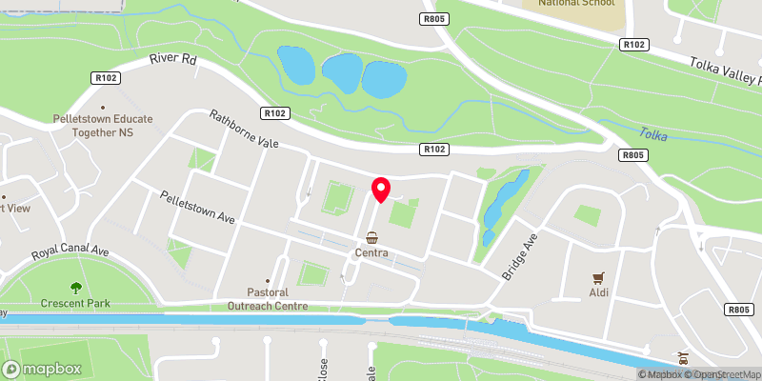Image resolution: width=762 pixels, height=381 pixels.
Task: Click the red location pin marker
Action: click(x=381, y=190)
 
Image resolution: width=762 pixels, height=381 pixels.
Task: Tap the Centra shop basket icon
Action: click(x=371, y=237)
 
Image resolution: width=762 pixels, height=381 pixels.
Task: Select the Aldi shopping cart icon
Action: click(x=599, y=278)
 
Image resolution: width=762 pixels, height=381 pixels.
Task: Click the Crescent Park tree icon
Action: click(x=75, y=287)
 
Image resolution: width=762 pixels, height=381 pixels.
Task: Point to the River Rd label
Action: click(x=172, y=59)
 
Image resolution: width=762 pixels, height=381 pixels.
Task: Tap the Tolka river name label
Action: click(x=653, y=134)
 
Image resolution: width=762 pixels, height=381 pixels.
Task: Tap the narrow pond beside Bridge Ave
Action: click(x=503, y=205)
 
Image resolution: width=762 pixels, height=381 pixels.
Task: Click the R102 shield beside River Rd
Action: click(x=105, y=77)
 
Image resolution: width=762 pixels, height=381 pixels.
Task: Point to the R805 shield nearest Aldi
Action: click(x=739, y=310)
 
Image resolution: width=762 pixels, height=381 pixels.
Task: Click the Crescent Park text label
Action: click(x=75, y=304)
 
